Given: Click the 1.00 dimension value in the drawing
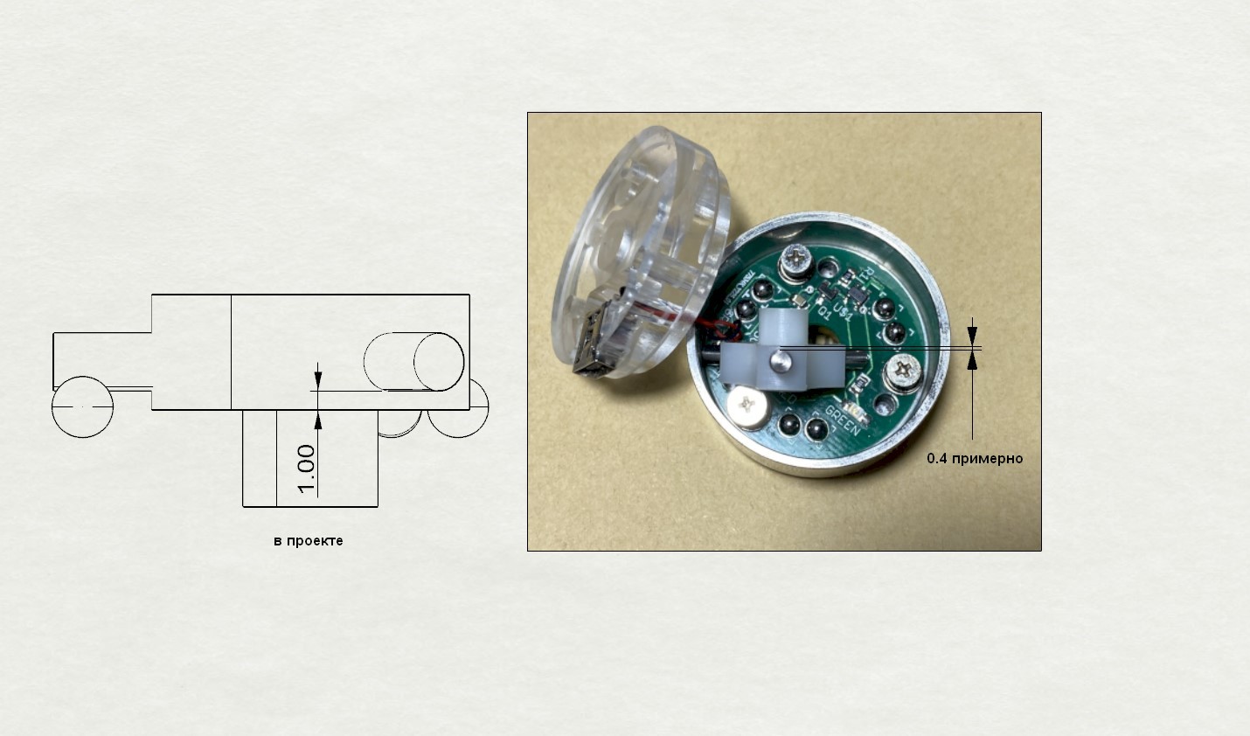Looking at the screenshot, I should [x=306, y=469].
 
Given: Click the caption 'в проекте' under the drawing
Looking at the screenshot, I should [x=308, y=541].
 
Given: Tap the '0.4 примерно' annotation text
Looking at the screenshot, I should [x=974, y=458].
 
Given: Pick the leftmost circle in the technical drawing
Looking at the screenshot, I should [x=82, y=406].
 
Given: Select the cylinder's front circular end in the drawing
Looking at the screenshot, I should [x=439, y=362].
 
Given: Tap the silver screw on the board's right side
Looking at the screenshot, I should [x=903, y=375].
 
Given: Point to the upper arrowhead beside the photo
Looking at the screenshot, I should [x=973, y=336].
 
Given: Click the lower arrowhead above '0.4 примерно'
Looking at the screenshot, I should [x=973, y=361].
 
